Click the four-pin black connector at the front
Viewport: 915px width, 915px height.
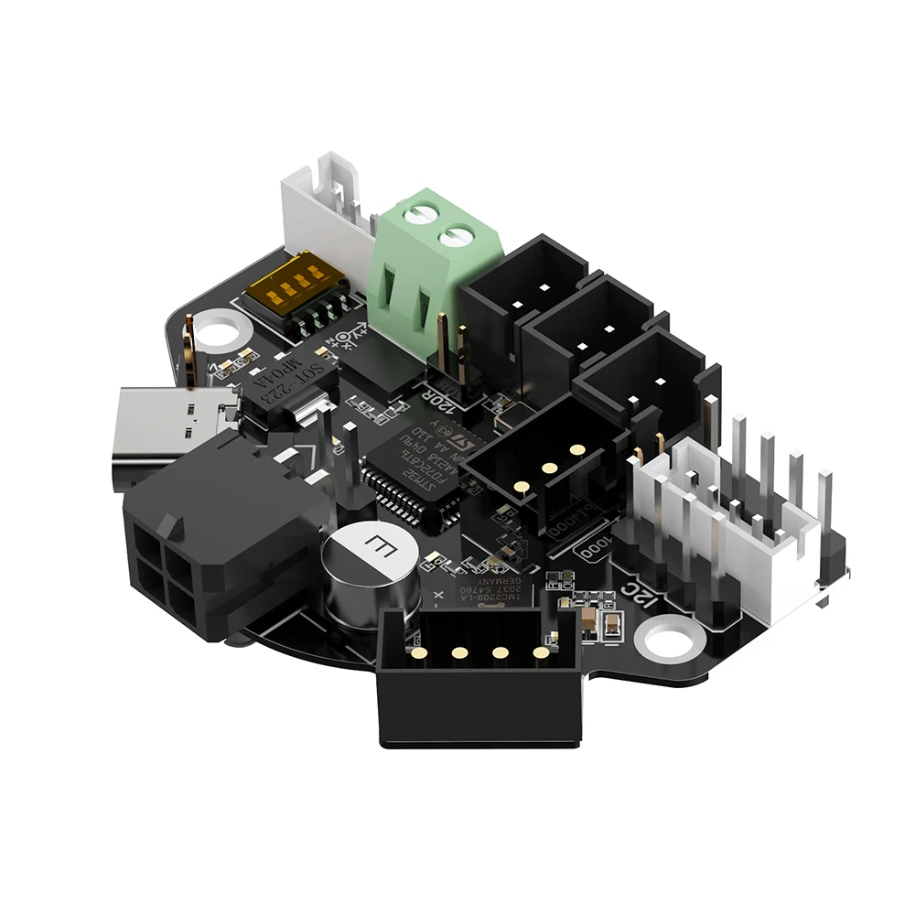click(480, 677)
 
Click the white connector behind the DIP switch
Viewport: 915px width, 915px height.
click(325, 206)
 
